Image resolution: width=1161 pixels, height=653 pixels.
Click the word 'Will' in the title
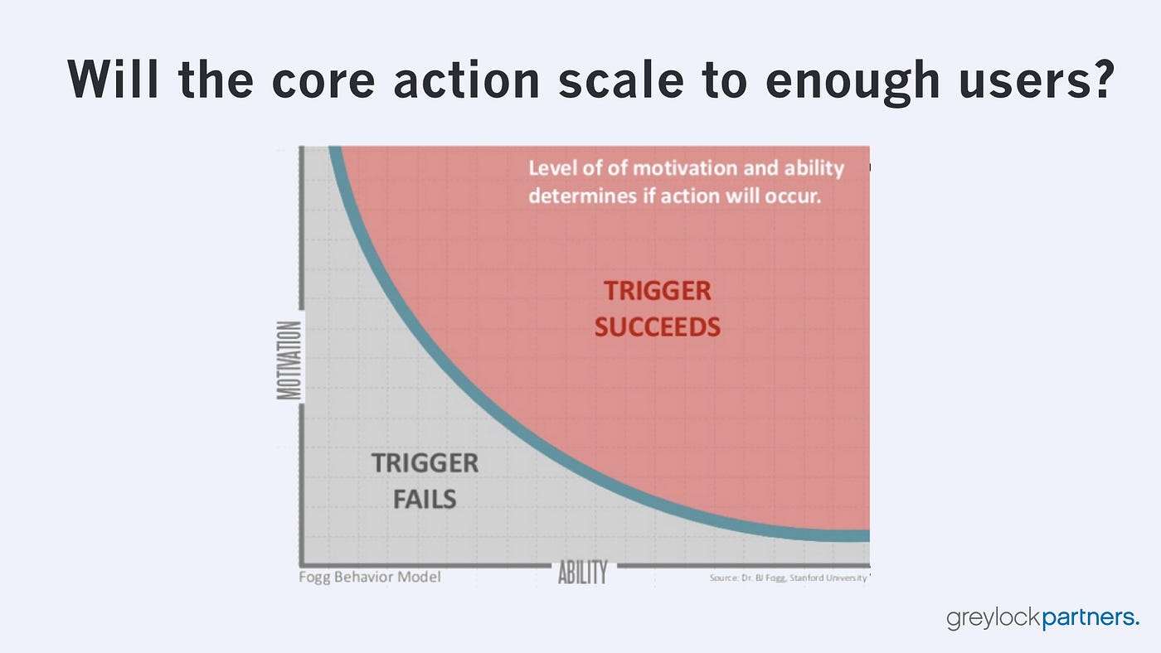click(x=113, y=79)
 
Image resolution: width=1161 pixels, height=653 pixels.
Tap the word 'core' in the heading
click(x=323, y=81)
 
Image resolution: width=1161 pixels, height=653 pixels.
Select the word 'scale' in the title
click(x=621, y=79)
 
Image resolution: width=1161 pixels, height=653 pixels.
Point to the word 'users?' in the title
click(x=1037, y=79)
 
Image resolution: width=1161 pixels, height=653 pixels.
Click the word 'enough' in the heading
click(x=853, y=83)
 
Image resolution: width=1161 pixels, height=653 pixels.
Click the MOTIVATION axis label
click(x=289, y=360)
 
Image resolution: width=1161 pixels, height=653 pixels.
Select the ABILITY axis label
click(x=583, y=573)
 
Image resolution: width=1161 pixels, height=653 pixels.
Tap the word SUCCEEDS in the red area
click(x=657, y=327)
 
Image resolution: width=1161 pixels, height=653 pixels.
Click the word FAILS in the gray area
click(x=425, y=500)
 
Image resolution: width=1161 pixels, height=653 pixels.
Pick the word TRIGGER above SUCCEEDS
click(x=657, y=291)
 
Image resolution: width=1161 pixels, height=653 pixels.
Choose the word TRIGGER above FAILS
click(x=425, y=463)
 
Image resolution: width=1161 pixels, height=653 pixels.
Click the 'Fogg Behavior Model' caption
click(x=370, y=577)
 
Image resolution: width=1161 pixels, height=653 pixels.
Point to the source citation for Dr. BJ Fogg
click(x=788, y=578)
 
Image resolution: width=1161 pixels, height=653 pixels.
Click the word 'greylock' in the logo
click(x=993, y=618)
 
